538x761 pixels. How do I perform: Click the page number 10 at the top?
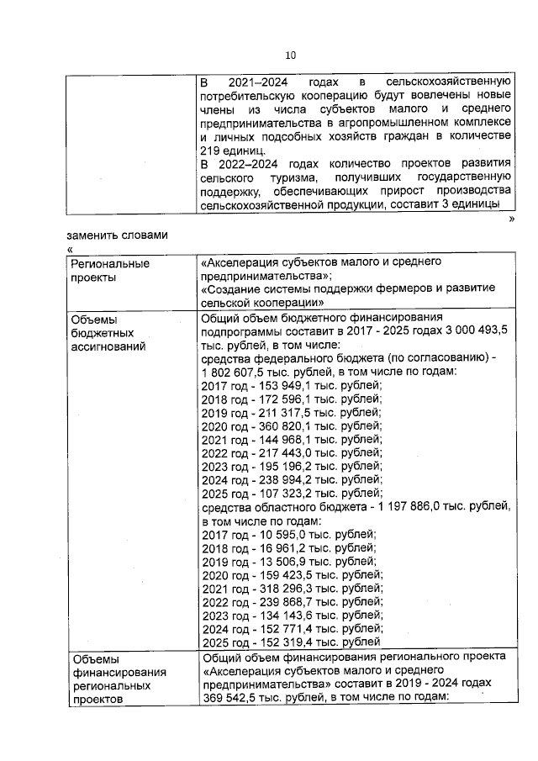pyautogui.click(x=291, y=56)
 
